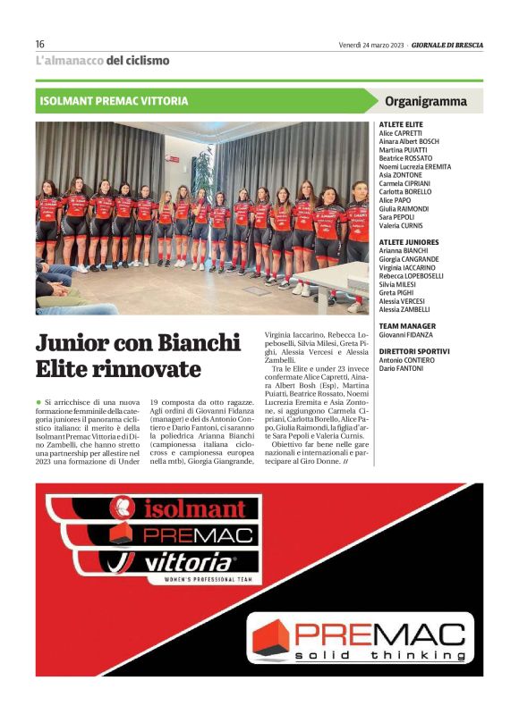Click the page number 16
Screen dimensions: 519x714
[40, 44]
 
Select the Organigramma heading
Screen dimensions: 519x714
[425, 101]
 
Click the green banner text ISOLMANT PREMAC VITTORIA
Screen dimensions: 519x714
[114, 101]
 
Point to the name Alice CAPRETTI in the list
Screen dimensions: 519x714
[401, 133]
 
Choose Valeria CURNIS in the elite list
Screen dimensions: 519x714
[401, 225]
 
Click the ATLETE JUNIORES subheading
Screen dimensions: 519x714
[409, 242]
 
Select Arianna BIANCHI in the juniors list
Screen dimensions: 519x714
[404, 251]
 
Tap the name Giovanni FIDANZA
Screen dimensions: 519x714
[406, 334]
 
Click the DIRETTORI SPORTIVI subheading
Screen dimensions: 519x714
[414, 351]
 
